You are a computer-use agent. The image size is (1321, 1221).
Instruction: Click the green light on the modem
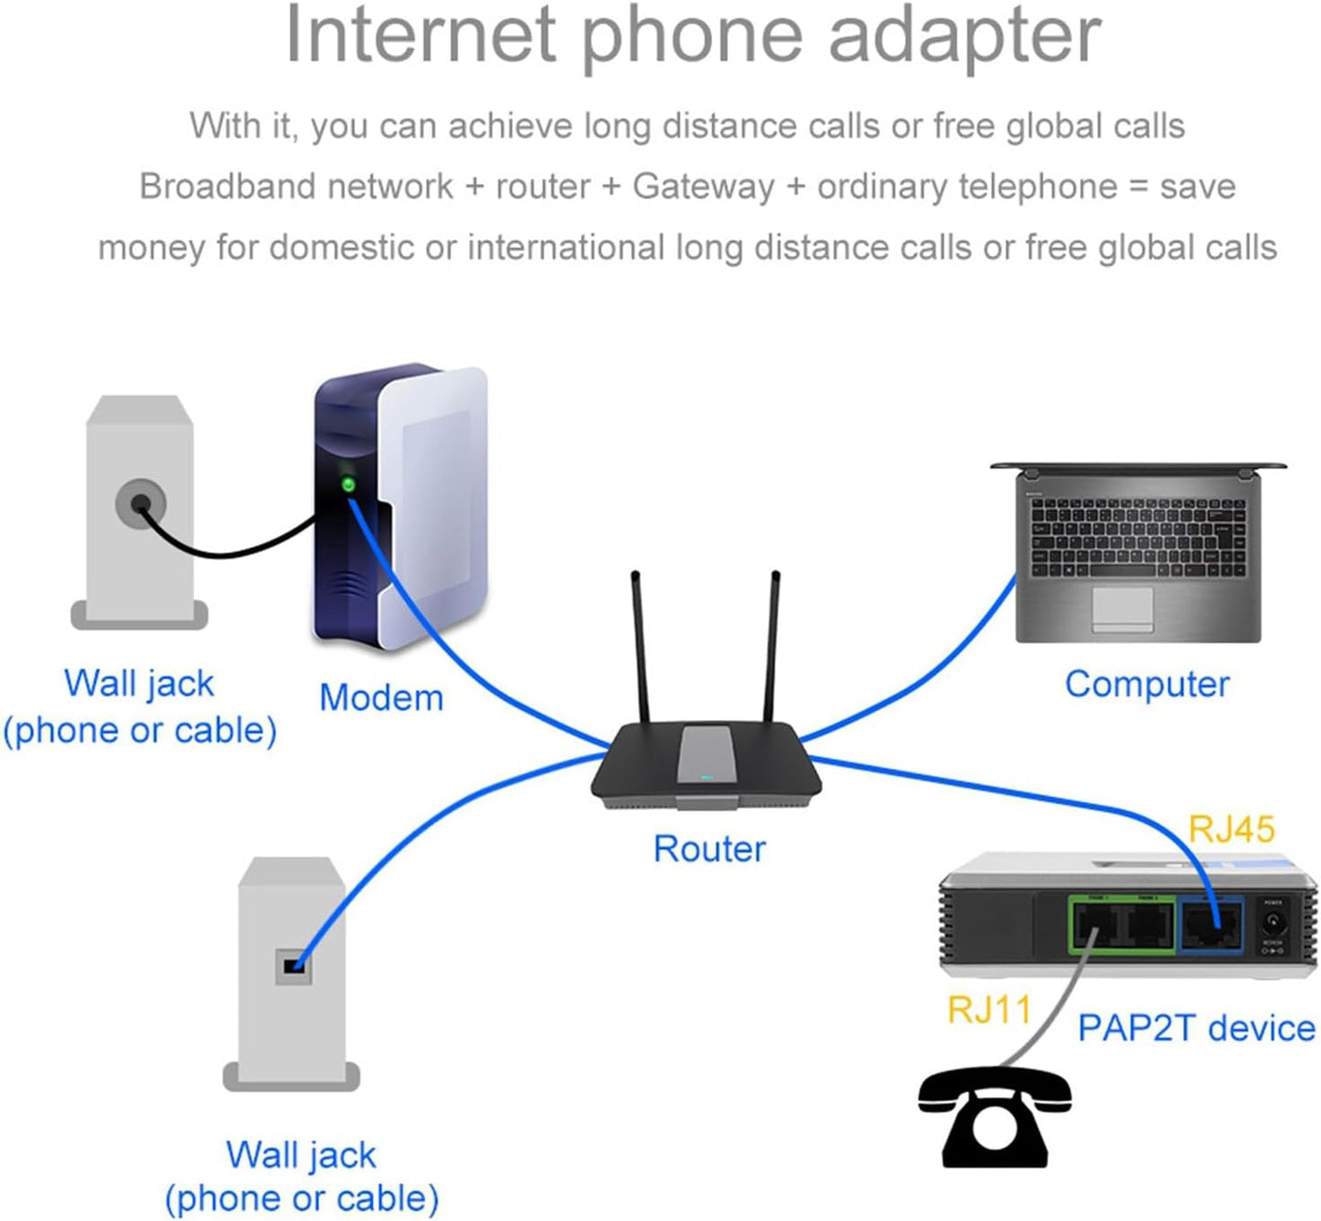[348, 484]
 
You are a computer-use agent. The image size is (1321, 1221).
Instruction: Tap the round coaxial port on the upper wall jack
[141, 503]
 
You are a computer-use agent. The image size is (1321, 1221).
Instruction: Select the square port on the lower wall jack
[293, 966]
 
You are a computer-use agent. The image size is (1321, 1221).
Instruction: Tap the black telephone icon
[995, 1117]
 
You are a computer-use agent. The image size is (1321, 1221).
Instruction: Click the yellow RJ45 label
[1230, 829]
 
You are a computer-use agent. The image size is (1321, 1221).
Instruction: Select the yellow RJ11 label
[989, 1010]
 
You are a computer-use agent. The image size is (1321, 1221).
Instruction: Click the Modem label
[381, 697]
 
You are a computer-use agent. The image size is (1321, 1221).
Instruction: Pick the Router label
[709, 849]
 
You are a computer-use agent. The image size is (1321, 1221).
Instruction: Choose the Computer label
[1147, 684]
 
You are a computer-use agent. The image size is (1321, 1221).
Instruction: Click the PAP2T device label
[1196, 1027]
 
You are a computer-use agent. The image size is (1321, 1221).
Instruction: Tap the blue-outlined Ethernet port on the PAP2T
[1210, 927]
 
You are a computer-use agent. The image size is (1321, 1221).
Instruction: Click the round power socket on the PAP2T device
[1273, 921]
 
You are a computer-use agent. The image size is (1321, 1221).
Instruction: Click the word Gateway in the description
[704, 186]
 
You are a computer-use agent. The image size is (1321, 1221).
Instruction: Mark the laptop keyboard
[1137, 537]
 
